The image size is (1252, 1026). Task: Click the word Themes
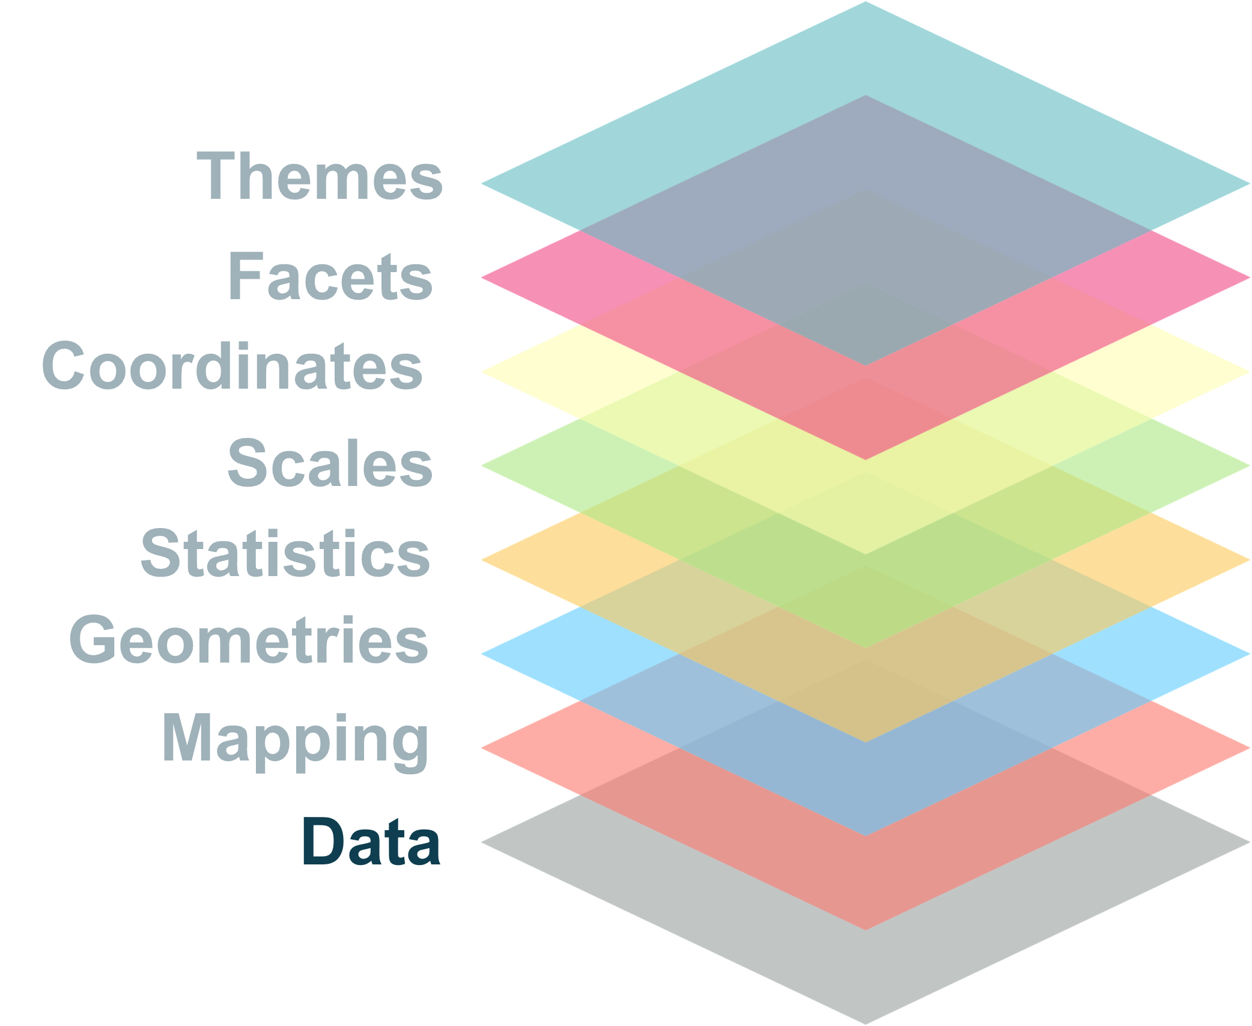[319, 176]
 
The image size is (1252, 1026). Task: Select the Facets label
[330, 276]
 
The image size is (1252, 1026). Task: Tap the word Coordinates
[232, 366]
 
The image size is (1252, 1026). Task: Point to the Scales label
[330, 463]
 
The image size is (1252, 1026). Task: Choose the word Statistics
[285, 553]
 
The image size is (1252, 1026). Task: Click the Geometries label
[249, 640]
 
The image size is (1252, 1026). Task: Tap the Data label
[371, 842]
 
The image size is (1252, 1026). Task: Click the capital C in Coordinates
[62, 366]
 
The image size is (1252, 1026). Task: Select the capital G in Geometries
[92, 640]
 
